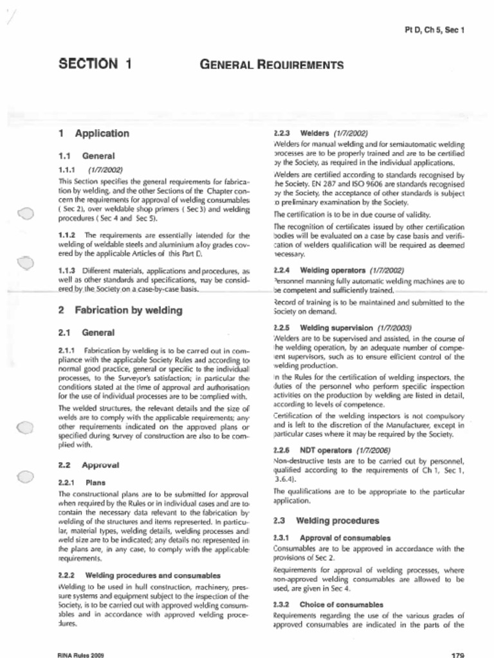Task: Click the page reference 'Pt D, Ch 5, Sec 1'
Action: pos(434,30)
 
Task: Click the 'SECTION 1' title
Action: pos(95,64)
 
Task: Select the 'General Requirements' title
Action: pos(271,64)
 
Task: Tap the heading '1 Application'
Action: pos(94,134)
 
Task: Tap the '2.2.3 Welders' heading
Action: pos(320,134)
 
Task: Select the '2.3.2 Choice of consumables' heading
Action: pos(328,605)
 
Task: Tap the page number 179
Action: pos(457,655)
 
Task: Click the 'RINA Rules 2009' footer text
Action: pos(80,655)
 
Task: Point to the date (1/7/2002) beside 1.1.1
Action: pos(105,170)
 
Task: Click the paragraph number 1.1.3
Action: pos(67,271)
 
